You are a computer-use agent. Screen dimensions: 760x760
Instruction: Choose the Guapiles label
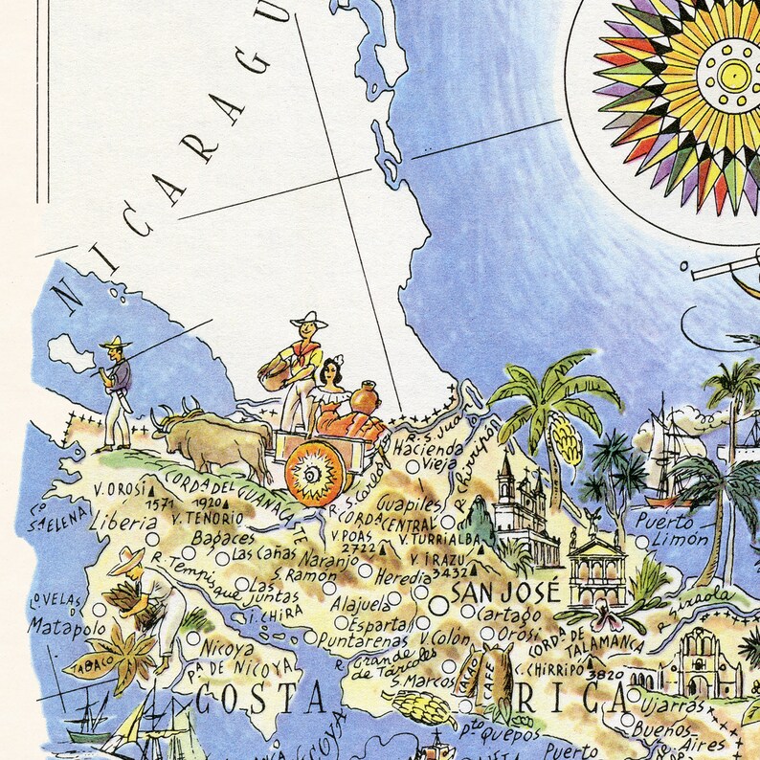(x=411, y=503)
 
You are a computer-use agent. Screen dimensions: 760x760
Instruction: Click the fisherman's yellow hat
(x=115, y=343)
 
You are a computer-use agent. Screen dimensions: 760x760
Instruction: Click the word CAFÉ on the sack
(x=497, y=671)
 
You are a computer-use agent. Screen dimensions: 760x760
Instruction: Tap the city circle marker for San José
(x=439, y=606)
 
